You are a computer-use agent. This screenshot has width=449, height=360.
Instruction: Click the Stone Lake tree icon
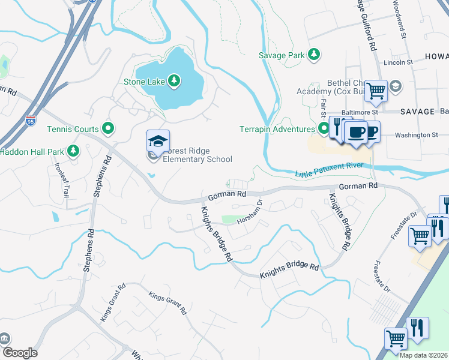click(173, 80)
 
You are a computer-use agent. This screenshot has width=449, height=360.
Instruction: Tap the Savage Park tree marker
click(313, 55)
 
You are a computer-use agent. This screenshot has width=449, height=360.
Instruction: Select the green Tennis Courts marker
click(108, 127)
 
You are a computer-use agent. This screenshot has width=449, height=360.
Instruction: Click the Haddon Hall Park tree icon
click(73, 151)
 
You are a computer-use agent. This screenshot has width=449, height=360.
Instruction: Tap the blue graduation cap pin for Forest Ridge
click(158, 142)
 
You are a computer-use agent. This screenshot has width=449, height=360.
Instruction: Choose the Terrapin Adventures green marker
click(324, 128)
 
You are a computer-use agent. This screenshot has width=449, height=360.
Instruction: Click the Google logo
click(19, 353)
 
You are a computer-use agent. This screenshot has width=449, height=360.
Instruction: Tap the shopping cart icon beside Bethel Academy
click(376, 91)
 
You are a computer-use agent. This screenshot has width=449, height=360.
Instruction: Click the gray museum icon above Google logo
click(5, 338)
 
